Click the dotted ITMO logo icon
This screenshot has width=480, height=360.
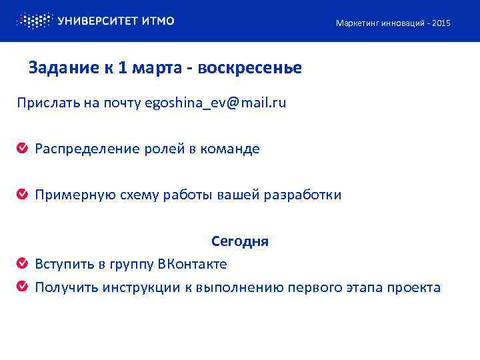coord(33,21)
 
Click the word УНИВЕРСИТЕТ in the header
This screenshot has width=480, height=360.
coord(98,21)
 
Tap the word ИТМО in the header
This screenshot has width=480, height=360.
coord(159,21)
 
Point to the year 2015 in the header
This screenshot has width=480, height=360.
coord(441,23)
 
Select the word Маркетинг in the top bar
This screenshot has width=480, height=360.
coord(355,23)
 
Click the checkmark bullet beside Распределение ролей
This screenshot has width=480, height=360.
coord(22,149)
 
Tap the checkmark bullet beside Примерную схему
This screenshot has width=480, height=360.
coord(22,195)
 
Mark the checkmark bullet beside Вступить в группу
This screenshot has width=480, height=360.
coord(22,264)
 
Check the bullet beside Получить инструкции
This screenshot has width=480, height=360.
coord(22,287)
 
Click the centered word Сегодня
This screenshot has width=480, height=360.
coord(240,241)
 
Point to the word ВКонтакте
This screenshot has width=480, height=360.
coord(192,264)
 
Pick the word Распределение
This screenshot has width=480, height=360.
coord(87,149)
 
